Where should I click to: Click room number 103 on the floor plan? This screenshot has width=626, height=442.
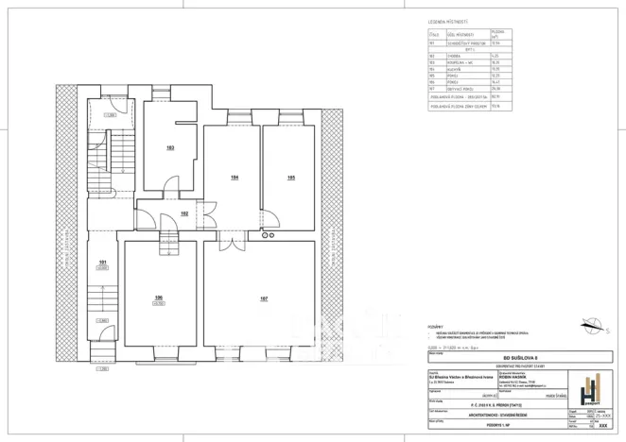170,148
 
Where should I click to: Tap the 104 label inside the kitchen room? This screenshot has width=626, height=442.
232,177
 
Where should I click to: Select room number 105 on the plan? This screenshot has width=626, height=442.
291,177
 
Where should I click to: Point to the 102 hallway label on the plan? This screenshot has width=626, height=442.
185,214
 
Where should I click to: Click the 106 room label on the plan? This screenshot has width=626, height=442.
158,298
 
